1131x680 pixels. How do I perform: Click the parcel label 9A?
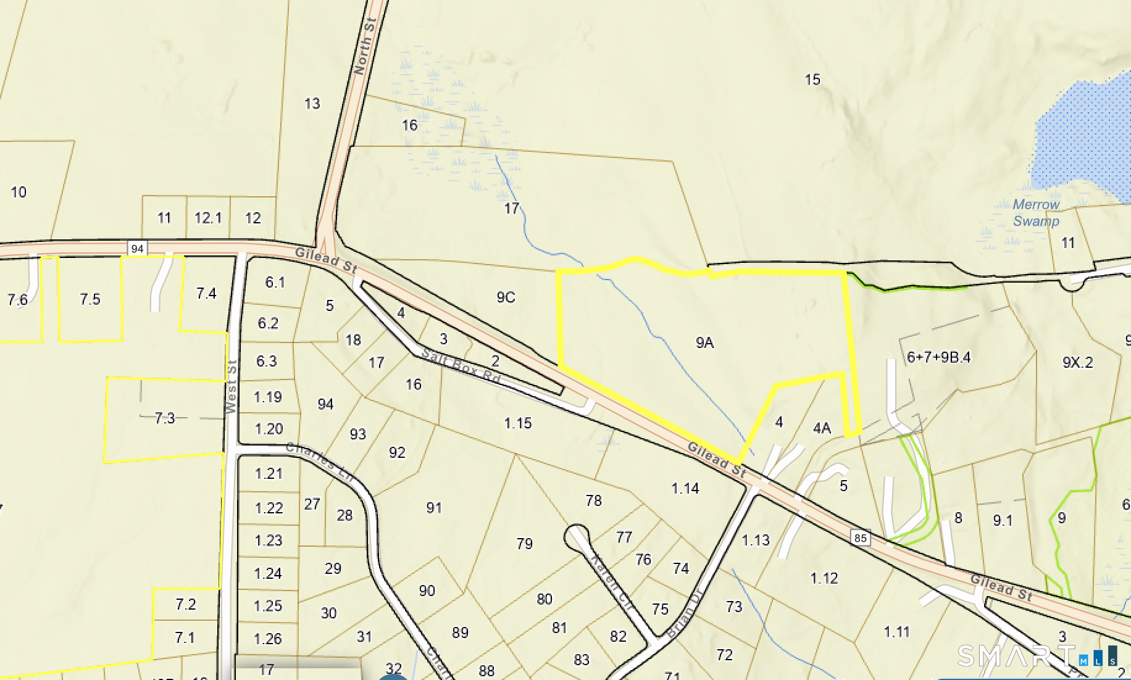click(704, 343)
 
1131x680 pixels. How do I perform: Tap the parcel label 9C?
click(506, 297)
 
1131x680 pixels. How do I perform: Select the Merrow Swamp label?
click(1036, 213)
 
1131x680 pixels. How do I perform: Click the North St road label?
click(364, 47)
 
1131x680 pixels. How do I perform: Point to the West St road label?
click(232, 387)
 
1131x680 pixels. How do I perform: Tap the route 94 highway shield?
click(137, 249)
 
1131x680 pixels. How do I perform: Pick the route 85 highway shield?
click(861, 538)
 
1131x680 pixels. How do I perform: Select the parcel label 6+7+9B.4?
click(938, 357)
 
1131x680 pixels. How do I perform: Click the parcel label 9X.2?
click(1077, 363)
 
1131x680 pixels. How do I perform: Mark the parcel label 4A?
click(822, 428)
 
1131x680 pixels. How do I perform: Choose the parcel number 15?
click(812, 80)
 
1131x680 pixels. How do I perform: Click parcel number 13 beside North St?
click(312, 104)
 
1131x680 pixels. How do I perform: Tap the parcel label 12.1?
click(207, 218)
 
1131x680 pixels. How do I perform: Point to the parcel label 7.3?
click(165, 418)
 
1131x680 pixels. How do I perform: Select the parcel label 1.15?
click(517, 423)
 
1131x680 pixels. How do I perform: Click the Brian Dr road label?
click(685, 613)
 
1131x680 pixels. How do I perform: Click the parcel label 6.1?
click(275, 283)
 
